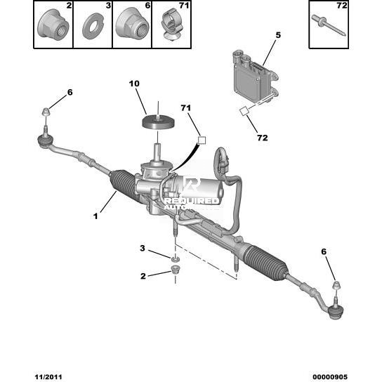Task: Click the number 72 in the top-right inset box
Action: coord(341,6)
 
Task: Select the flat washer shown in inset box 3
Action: coord(93,26)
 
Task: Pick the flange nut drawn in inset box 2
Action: coord(53,25)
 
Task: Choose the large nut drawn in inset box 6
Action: coord(132,23)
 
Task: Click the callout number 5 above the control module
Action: coord(278,35)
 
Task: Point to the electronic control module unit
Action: coord(255,76)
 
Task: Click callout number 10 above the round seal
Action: coord(134,84)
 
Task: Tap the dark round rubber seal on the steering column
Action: coord(159,123)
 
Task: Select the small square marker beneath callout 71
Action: coord(202,140)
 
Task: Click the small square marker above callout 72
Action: coord(244,112)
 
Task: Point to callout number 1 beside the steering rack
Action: coord(95,216)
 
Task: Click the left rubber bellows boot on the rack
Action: coord(123,187)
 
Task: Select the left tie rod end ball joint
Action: coord(46,141)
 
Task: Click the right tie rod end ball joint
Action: coord(336,312)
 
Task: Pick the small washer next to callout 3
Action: coord(175,258)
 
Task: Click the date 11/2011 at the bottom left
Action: coord(48,377)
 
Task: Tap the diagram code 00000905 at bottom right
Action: coord(330,377)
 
